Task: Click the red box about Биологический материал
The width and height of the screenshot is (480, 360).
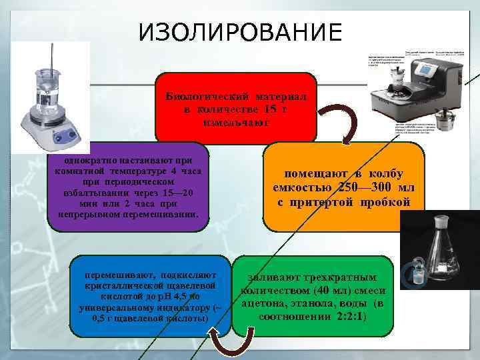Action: (x=236, y=107)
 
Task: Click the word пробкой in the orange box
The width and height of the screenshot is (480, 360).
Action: (x=386, y=202)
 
